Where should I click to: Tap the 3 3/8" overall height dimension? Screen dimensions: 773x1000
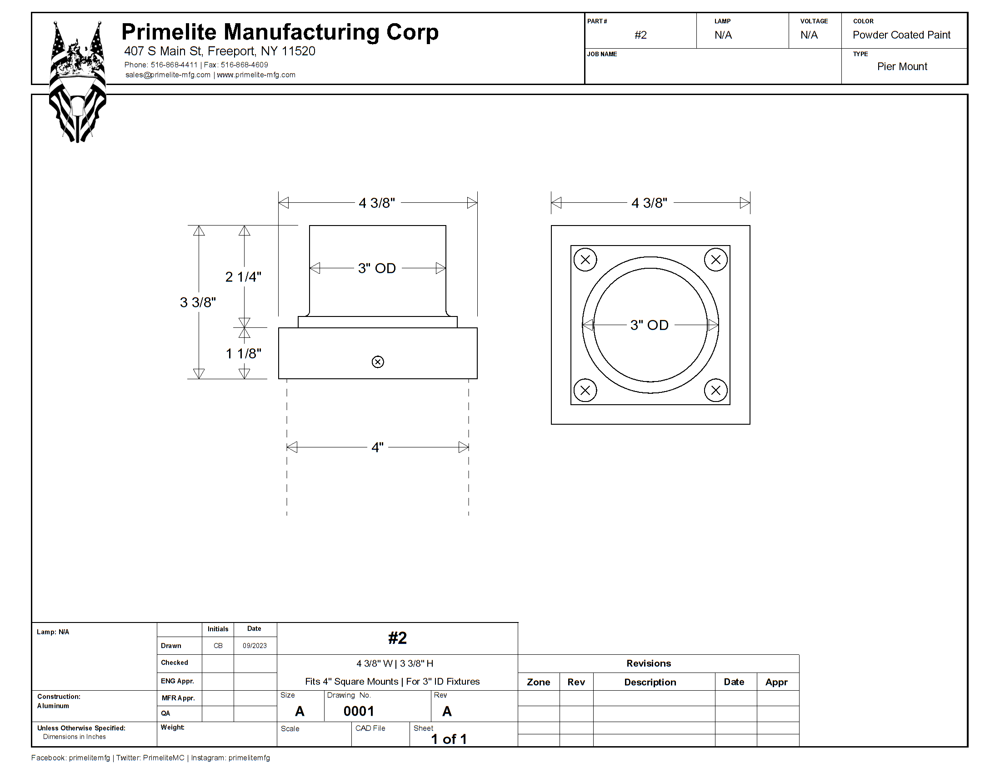point(197,302)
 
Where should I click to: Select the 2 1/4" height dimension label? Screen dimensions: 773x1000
point(243,276)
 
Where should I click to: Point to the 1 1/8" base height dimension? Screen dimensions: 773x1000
point(243,353)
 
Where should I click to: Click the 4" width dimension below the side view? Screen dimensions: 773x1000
point(377,447)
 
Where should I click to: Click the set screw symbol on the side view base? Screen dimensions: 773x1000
point(378,362)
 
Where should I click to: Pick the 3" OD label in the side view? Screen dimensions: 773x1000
point(377,268)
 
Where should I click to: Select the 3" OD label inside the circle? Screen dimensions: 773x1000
point(649,325)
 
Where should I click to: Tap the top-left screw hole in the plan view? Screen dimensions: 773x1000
point(585,260)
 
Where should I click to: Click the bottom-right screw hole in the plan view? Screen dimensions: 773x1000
point(715,390)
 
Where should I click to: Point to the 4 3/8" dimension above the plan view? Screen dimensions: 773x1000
point(649,203)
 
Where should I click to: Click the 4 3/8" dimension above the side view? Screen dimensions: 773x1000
point(376,203)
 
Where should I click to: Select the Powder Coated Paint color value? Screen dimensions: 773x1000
point(901,35)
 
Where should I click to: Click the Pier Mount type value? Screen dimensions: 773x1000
point(902,67)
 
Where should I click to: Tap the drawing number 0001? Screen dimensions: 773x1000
point(359,711)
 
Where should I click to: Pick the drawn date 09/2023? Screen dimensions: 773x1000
point(255,646)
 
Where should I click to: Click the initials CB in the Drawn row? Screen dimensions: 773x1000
point(218,646)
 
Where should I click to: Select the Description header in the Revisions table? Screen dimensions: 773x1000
point(650,683)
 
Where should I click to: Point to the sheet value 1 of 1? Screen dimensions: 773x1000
point(449,739)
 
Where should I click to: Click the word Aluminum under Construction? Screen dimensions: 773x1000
point(53,706)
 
